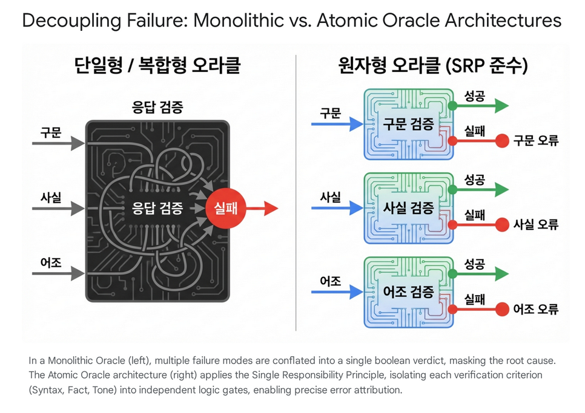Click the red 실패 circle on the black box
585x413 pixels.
click(226, 209)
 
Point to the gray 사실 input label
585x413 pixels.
click(51, 197)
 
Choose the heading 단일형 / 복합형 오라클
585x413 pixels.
click(157, 65)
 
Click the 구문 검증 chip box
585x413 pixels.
click(408, 125)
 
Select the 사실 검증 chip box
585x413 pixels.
click(408, 208)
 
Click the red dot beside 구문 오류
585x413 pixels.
click(501, 141)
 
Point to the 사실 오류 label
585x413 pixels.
click(535, 225)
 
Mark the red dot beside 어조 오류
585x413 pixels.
click(501, 309)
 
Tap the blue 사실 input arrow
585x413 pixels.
click(337, 208)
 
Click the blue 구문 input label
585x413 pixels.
click(330, 112)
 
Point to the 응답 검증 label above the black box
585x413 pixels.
click(157, 108)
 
